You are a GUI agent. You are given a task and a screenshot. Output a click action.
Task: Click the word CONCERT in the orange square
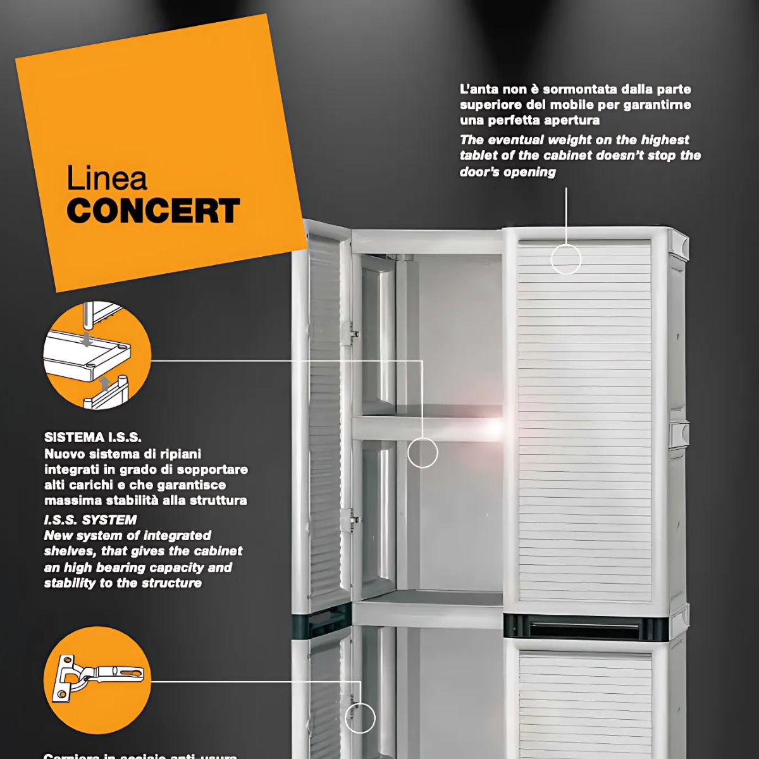click(153, 211)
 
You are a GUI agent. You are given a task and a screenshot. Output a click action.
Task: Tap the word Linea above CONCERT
click(107, 179)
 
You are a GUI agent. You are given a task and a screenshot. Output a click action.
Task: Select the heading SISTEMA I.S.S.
click(93, 437)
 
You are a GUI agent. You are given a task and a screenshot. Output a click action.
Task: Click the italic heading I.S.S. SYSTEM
click(90, 520)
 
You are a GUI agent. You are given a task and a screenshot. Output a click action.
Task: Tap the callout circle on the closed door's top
click(566, 259)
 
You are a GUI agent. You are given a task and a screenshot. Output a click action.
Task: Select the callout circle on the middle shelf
click(423, 452)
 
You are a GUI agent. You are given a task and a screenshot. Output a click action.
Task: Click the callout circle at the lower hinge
click(360, 719)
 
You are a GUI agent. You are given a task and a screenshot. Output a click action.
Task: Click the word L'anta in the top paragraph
click(479, 89)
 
